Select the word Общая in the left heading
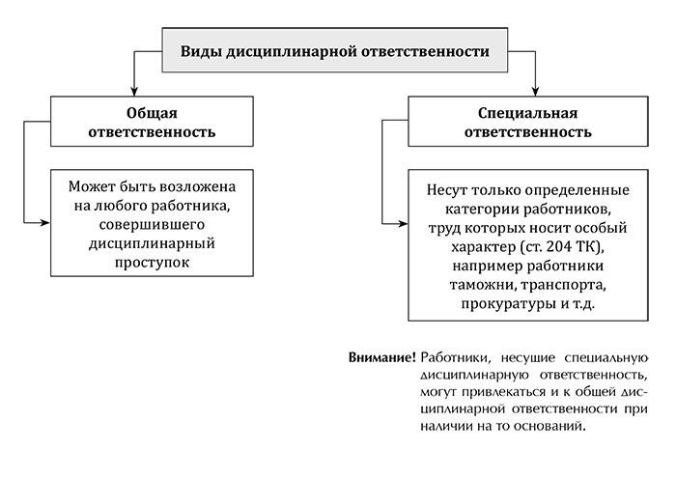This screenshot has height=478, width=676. [x=152, y=113]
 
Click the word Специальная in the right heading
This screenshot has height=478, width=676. [x=527, y=113]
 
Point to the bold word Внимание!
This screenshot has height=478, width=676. [x=382, y=357]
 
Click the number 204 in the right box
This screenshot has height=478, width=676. [x=559, y=247]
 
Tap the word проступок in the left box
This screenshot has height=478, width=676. [x=152, y=263]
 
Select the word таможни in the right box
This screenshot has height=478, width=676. [x=483, y=285]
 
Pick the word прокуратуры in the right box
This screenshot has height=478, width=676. [x=509, y=304]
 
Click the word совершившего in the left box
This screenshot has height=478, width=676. [x=152, y=225]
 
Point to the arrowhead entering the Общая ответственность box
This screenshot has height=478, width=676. [x=134, y=92]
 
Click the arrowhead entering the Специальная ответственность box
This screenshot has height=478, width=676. [x=535, y=92]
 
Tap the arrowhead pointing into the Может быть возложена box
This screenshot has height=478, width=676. [x=45, y=223]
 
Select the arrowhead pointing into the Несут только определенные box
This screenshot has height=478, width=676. [x=403, y=224]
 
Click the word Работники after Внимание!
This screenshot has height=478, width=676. [x=456, y=357]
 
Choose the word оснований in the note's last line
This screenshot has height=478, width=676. [x=554, y=427]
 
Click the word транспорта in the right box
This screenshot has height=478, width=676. [x=563, y=285]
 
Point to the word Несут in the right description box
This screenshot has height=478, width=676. [x=447, y=190]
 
